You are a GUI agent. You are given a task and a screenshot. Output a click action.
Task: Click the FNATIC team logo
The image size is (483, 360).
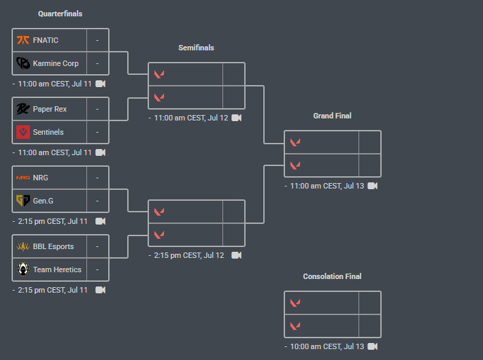[x=22, y=40]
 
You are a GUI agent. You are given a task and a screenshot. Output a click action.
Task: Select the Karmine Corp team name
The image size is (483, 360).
[x=56, y=63]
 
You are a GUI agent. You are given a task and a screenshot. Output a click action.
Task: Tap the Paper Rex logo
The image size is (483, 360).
[x=22, y=109]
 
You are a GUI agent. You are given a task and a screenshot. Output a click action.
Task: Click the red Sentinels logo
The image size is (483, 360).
[x=22, y=132]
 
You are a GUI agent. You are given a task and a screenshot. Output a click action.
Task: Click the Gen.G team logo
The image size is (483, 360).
[x=22, y=201]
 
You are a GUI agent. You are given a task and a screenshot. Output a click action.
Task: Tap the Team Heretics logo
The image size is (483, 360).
[x=22, y=269]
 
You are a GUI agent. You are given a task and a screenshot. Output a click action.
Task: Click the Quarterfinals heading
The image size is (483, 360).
[x=60, y=14]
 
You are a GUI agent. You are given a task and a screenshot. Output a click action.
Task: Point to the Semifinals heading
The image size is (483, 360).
[x=196, y=48]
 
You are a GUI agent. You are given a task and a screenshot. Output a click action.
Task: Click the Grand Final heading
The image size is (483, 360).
[x=332, y=116]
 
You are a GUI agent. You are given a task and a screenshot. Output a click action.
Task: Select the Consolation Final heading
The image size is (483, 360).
[x=332, y=276]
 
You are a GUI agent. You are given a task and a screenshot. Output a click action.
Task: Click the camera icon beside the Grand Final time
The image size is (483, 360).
[x=373, y=186]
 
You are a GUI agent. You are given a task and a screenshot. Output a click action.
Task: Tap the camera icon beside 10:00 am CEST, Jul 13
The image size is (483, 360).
[x=373, y=346]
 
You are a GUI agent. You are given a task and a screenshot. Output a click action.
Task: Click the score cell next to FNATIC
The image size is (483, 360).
[x=97, y=40]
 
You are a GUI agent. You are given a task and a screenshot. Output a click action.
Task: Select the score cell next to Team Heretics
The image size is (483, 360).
[x=97, y=269]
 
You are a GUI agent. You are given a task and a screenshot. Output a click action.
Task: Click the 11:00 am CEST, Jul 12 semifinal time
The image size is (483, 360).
[x=191, y=118]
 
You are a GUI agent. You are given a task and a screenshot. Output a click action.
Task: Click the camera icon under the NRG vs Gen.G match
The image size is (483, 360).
[x=101, y=221]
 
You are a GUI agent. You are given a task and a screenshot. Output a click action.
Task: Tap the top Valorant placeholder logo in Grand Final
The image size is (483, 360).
[x=295, y=142]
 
